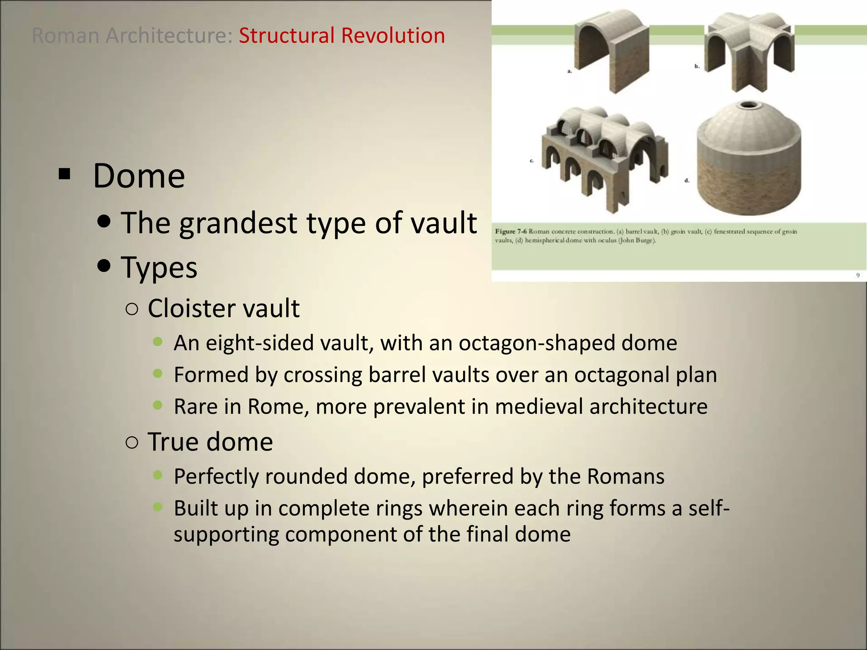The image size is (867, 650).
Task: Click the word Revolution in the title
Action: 393,36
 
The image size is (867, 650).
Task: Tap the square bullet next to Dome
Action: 64,174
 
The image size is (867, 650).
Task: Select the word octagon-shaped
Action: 536,343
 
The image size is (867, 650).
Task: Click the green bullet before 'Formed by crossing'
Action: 158,373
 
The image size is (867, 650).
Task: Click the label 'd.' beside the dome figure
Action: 687,181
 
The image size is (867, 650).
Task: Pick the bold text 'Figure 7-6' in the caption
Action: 511,231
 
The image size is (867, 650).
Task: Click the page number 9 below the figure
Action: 858,275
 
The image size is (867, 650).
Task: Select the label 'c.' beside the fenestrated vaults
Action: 532,161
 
